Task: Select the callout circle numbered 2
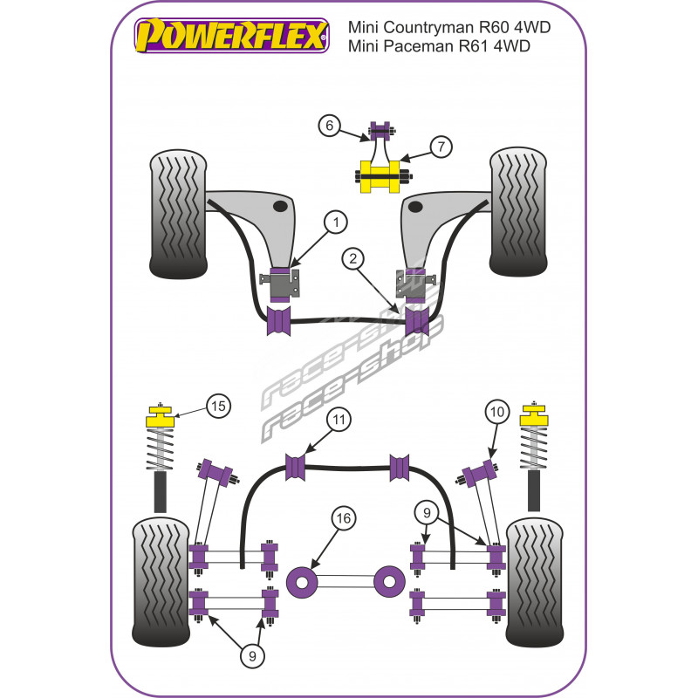pyautogui.click(x=352, y=258)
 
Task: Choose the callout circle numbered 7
pyautogui.click(x=441, y=147)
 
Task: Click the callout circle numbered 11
pyautogui.click(x=339, y=421)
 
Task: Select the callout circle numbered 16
pyautogui.click(x=344, y=518)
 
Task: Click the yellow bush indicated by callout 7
pyautogui.click(x=380, y=174)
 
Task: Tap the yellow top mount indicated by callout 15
pyautogui.click(x=160, y=415)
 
